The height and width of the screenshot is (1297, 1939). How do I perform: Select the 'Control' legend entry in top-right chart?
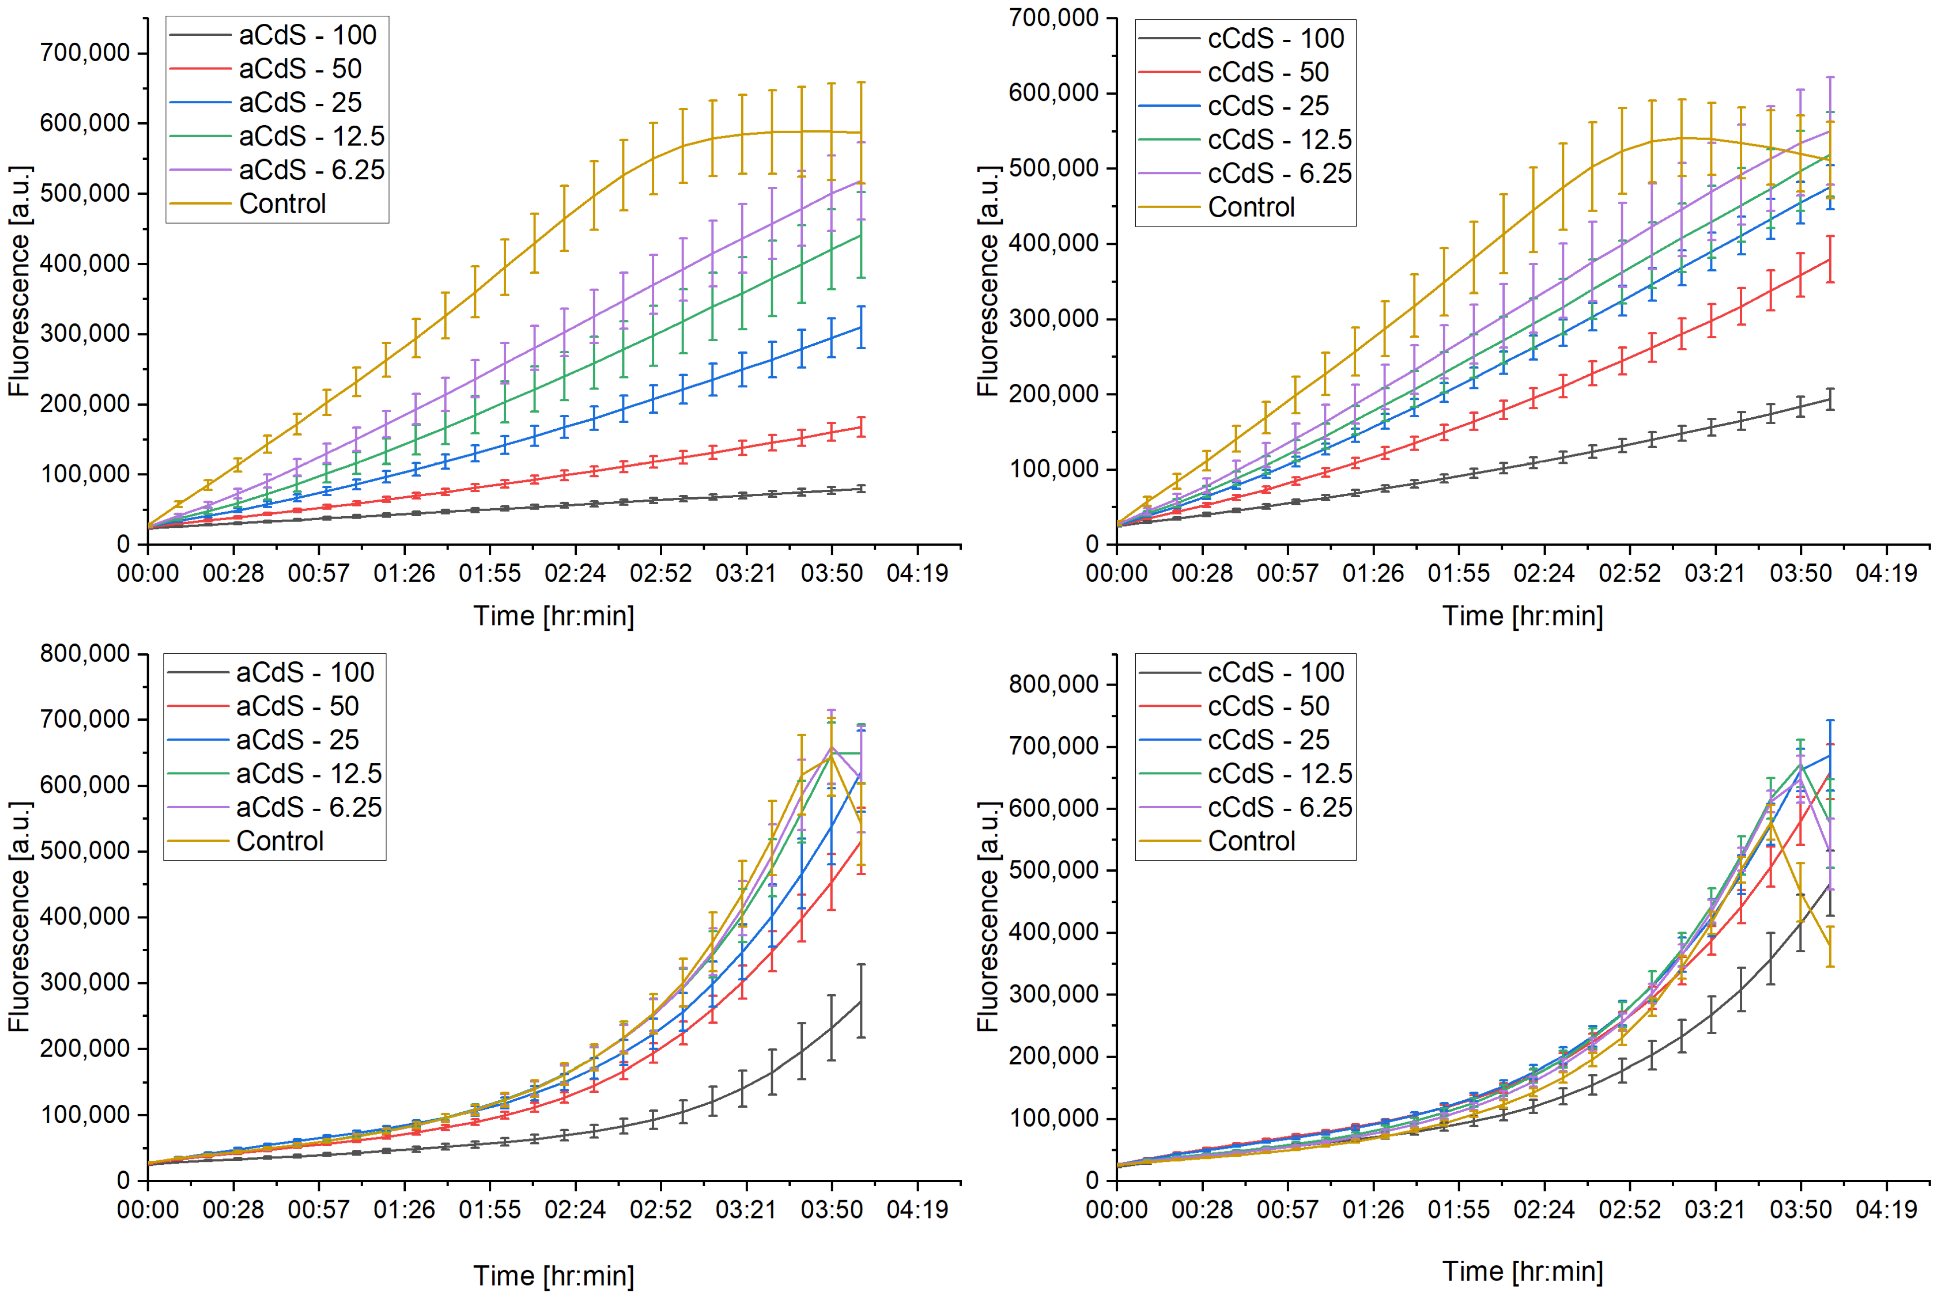(1251, 207)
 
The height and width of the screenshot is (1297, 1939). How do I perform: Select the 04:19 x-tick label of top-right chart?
(1885, 573)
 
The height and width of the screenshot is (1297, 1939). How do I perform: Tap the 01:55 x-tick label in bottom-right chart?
(1459, 1209)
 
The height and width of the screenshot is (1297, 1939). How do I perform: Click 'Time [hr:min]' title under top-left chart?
(553, 615)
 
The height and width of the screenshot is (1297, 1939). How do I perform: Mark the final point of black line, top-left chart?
(861, 489)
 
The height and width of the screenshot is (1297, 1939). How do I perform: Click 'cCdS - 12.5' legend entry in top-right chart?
(1280, 140)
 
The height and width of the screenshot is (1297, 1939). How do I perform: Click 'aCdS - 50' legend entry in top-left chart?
(300, 69)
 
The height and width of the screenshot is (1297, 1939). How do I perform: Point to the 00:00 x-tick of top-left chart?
(147, 573)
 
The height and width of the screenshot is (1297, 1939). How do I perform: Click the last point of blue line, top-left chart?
(861, 327)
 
